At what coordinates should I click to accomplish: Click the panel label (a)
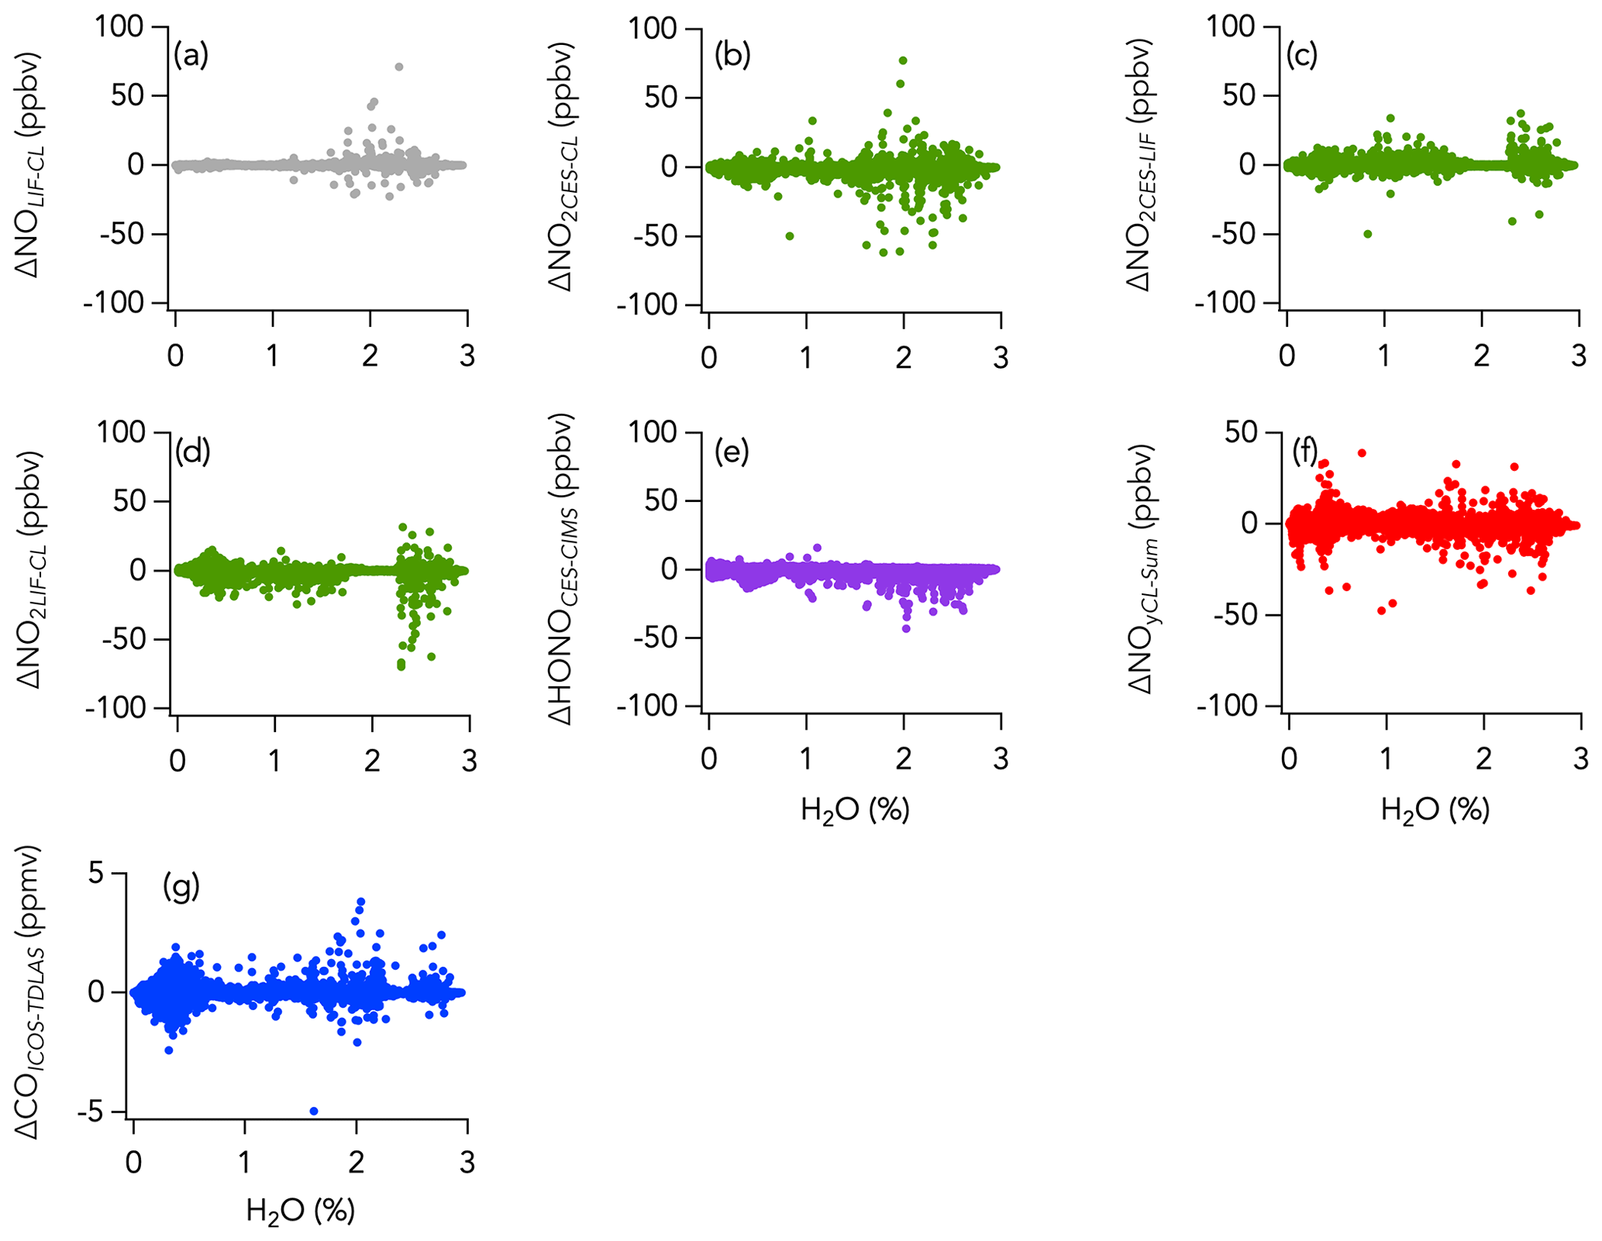coord(191,57)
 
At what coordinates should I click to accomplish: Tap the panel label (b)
coord(732,57)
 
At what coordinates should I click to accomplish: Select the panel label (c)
coord(1302,57)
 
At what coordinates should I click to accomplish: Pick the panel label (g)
coord(181,885)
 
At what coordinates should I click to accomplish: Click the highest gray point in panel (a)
coord(398,67)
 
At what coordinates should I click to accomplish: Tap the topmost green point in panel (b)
coord(903,60)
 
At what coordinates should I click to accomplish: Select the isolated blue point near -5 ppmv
coord(314,1111)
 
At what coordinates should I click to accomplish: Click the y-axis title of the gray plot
coord(31,164)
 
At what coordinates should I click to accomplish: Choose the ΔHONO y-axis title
coord(563,569)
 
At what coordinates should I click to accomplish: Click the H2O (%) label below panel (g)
coord(300,1210)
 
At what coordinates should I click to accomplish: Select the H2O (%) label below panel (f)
coord(1435,810)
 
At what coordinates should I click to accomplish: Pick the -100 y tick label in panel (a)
coord(114,303)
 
